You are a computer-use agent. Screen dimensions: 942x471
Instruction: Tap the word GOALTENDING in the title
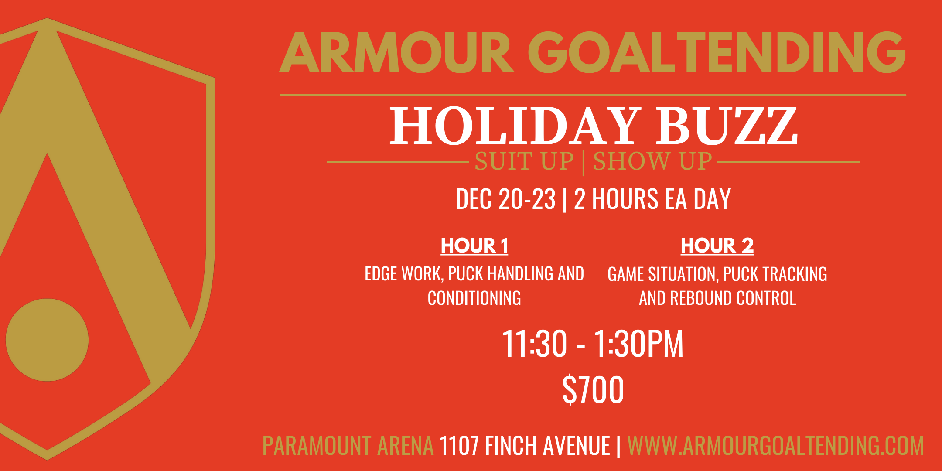point(717,52)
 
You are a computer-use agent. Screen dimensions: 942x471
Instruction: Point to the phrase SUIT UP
point(524,161)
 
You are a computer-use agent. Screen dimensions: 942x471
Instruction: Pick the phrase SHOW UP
point(652,161)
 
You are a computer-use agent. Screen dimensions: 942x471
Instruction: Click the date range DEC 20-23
point(506,199)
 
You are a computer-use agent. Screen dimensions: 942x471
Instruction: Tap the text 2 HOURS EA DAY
point(652,199)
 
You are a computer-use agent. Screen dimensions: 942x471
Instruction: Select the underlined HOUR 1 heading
point(474,246)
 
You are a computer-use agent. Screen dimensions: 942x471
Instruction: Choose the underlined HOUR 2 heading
point(717,246)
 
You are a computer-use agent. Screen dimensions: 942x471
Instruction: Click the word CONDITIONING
point(474,298)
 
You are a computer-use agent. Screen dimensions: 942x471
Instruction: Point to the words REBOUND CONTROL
point(733,298)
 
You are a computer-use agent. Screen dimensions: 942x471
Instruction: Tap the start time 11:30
point(535,344)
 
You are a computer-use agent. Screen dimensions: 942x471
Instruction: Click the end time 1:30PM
point(638,344)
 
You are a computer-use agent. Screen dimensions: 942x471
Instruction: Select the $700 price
point(593,389)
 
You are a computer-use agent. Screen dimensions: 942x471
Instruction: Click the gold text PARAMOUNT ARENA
point(348,446)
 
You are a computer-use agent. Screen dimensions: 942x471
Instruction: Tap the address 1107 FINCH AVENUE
point(525,446)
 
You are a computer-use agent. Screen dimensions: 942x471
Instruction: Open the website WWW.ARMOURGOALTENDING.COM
point(775,446)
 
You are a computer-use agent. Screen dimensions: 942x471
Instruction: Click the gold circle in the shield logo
point(47,340)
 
